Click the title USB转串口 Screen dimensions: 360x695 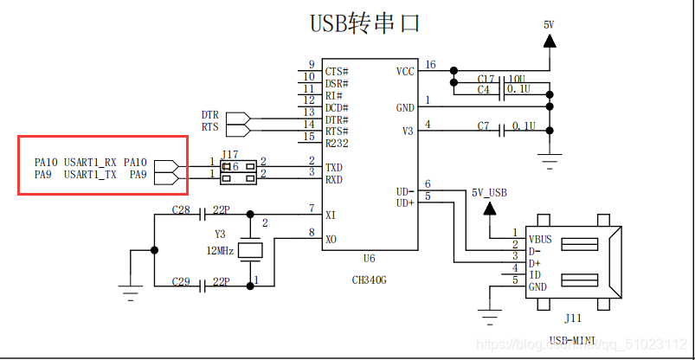(x=364, y=23)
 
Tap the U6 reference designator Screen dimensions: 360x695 (x=370, y=259)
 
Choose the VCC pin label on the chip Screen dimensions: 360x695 (x=405, y=71)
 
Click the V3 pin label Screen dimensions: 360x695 (x=407, y=131)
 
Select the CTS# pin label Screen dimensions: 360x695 (x=337, y=71)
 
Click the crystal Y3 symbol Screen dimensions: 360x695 (x=250, y=250)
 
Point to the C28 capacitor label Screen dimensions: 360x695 (x=180, y=210)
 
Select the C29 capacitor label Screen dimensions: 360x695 (x=180, y=283)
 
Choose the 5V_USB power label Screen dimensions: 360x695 (x=490, y=192)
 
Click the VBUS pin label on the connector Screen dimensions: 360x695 (x=539, y=239)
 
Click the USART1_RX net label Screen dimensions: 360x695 (x=90, y=162)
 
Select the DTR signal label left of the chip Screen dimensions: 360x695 (x=209, y=114)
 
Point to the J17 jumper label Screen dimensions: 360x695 (x=230, y=156)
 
